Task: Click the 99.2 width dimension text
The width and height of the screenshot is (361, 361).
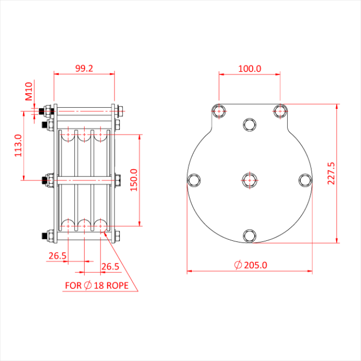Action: [84, 68]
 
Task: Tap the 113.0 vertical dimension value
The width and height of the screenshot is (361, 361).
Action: [18, 145]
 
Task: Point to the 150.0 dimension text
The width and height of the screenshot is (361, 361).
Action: [134, 179]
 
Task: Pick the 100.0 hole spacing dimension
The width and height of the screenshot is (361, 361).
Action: [250, 68]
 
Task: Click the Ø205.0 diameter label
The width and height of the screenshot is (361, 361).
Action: [251, 265]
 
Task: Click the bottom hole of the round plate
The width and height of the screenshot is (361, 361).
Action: [250, 235]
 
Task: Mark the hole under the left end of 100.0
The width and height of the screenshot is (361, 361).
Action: [219, 110]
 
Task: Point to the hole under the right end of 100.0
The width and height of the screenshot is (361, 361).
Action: [280, 110]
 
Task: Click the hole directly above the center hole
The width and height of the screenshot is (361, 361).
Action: [250, 124]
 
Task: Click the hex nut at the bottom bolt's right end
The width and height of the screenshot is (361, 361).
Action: [117, 236]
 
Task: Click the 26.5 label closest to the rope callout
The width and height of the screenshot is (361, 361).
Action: [110, 266]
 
